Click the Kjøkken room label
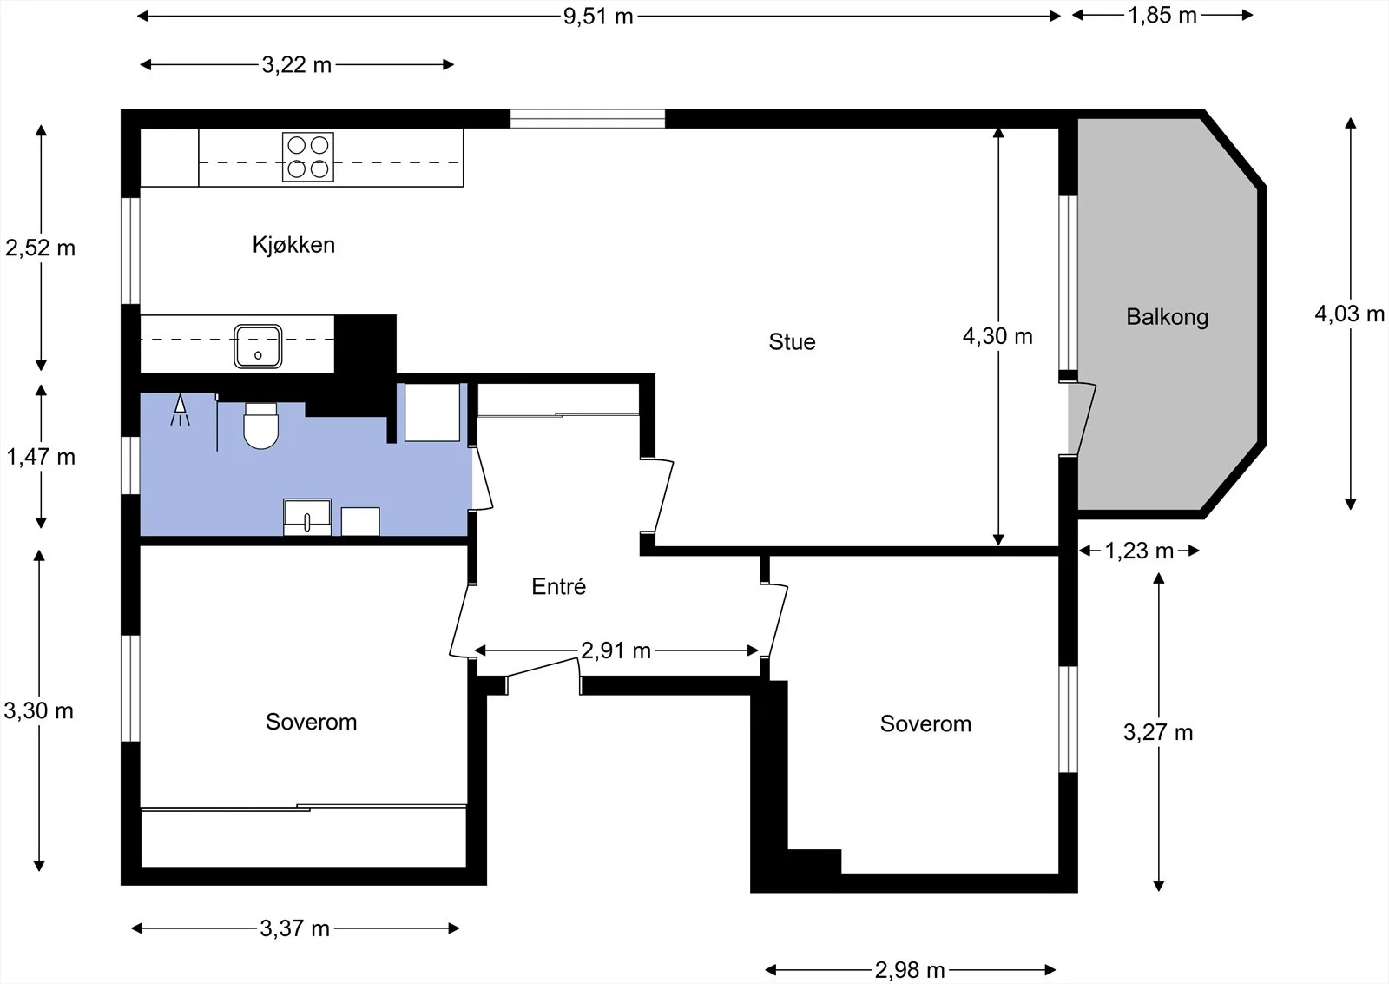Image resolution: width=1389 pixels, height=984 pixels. coord(293,245)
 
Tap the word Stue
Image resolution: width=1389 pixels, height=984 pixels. coord(792,342)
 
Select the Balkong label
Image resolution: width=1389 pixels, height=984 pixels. coord(1167,317)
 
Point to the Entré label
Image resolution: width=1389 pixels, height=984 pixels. coord(559,586)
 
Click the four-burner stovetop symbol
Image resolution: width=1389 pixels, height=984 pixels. coord(308,157)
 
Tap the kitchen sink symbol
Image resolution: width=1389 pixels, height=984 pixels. coord(258,347)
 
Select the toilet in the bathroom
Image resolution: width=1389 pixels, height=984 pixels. coord(261,426)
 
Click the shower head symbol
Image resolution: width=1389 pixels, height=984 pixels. coord(180,410)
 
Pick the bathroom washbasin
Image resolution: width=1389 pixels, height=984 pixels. coord(307,517)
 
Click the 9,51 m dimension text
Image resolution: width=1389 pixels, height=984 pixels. coord(598,17)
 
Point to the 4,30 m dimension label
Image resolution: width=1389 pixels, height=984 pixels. coord(997,336)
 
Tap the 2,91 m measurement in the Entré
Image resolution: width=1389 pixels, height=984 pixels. coord(616,650)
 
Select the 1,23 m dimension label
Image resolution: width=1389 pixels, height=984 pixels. coord(1139,551)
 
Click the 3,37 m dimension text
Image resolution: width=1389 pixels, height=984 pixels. coord(294,928)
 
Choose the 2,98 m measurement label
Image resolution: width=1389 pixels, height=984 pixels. coord(910,970)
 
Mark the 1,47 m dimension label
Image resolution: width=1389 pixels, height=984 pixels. coord(41,457)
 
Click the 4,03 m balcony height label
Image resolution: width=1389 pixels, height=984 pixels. coord(1349,314)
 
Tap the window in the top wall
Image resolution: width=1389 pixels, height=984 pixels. coord(587,118)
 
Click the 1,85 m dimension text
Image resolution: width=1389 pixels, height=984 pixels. coord(1162,16)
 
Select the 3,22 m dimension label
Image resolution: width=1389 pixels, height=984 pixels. coord(296,64)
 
